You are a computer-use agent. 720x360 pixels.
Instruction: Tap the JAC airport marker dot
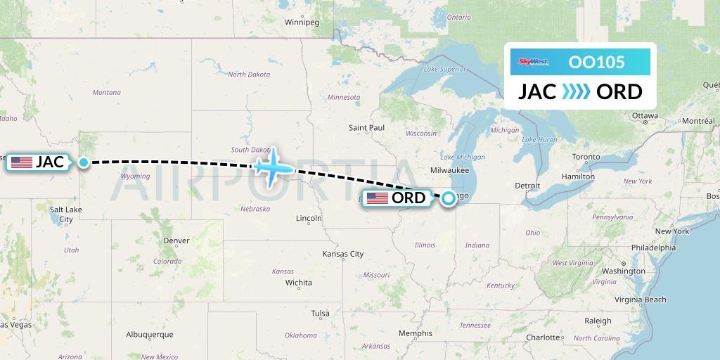pyautogui.click(x=84, y=162)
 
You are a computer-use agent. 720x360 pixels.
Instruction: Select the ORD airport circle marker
pyautogui.click(x=448, y=199)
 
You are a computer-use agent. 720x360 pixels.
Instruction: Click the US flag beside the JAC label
pyautogui.click(x=22, y=162)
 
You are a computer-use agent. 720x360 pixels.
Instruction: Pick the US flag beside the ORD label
pyautogui.click(x=378, y=198)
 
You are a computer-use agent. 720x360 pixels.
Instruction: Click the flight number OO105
pyautogui.click(x=596, y=62)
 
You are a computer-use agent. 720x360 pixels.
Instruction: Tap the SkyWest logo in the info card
pyautogui.click(x=534, y=62)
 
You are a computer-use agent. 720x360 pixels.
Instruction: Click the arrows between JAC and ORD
pyautogui.click(x=577, y=92)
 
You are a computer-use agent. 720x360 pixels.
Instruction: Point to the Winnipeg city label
pyautogui.click(x=302, y=22)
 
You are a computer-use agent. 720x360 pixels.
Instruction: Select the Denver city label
pyautogui.click(x=176, y=240)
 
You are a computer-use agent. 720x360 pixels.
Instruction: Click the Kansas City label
pyautogui.click(x=342, y=254)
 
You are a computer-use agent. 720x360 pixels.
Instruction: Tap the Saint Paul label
pyautogui.click(x=367, y=128)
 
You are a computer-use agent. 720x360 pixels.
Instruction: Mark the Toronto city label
pyautogui.click(x=586, y=157)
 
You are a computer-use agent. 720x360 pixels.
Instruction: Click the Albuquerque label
pyautogui.click(x=150, y=335)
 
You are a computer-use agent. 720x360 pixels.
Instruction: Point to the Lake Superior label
pyautogui.click(x=445, y=69)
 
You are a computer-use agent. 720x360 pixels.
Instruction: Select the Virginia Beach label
pyautogui.click(x=641, y=300)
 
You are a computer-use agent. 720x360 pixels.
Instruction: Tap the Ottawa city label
pyautogui.click(x=645, y=115)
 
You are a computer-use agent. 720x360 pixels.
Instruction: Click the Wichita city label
pyautogui.click(x=298, y=283)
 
